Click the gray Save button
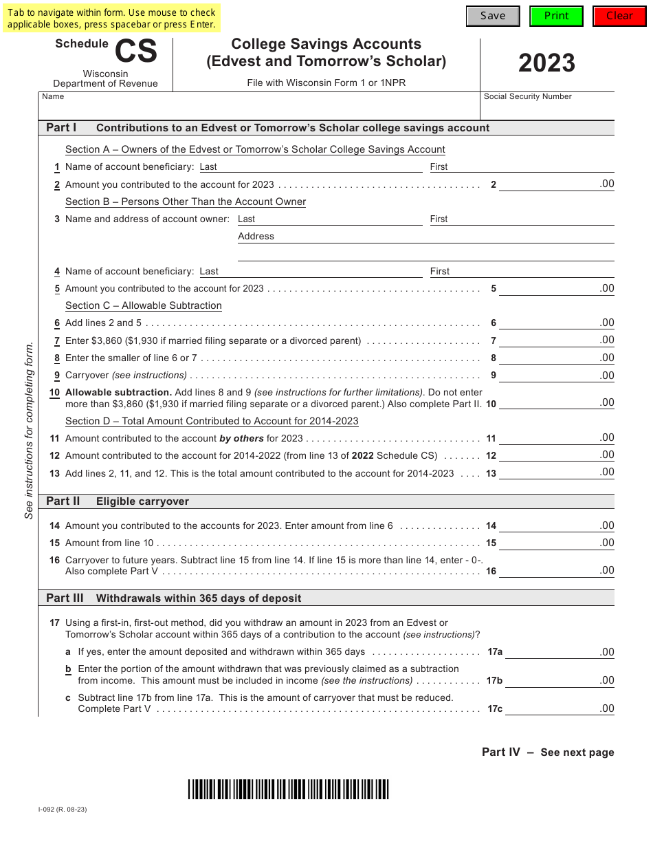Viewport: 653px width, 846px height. [493, 16]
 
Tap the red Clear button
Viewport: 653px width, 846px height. [619, 16]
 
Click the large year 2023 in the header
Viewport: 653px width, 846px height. [546, 63]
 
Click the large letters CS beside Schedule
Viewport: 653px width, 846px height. [135, 52]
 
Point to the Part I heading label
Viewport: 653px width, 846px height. [61, 127]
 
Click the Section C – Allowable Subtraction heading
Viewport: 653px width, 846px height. [143, 305]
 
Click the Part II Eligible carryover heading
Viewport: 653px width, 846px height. [117, 501]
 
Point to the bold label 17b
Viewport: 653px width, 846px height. [495, 681]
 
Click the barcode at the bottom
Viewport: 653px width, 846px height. [288, 789]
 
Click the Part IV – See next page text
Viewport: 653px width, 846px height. [548, 752]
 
